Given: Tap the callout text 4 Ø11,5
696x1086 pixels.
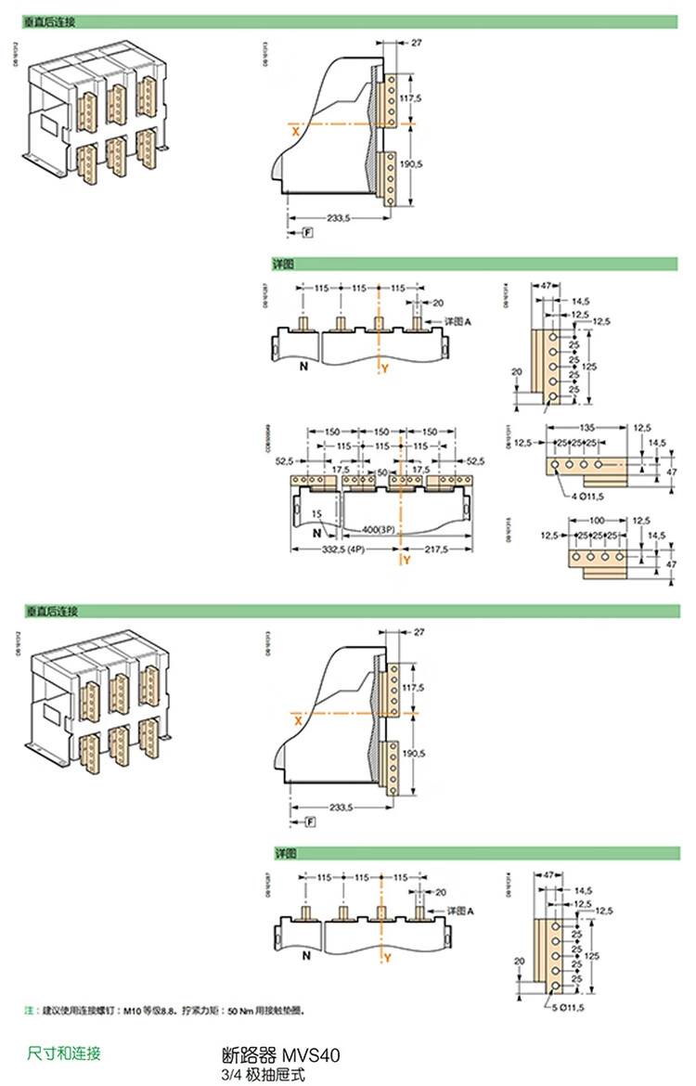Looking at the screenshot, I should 586,498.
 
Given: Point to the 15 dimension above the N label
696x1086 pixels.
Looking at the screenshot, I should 316,513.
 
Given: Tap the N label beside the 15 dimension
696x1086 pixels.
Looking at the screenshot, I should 316,534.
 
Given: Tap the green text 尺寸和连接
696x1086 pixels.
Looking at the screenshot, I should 64,1053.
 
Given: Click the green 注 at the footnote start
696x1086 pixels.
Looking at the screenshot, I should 28,1009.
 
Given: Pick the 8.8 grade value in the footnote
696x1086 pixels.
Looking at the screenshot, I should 165,1009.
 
